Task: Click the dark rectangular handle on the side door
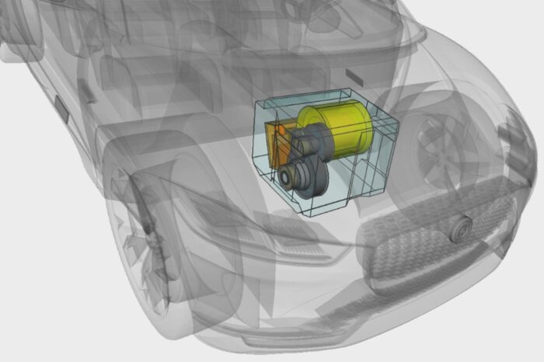tap(61, 108)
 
